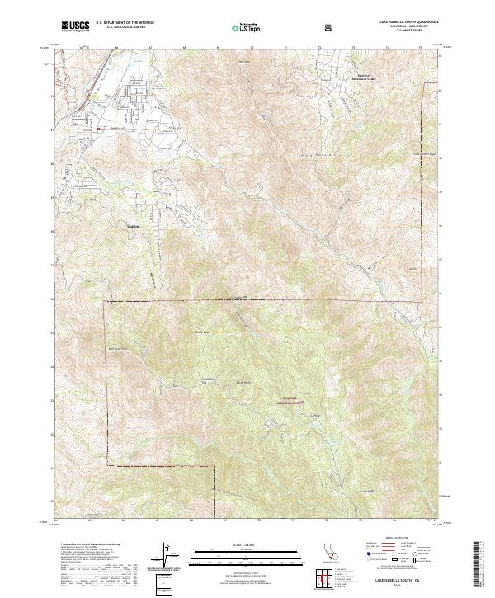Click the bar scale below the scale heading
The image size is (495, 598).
click(247, 550)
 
